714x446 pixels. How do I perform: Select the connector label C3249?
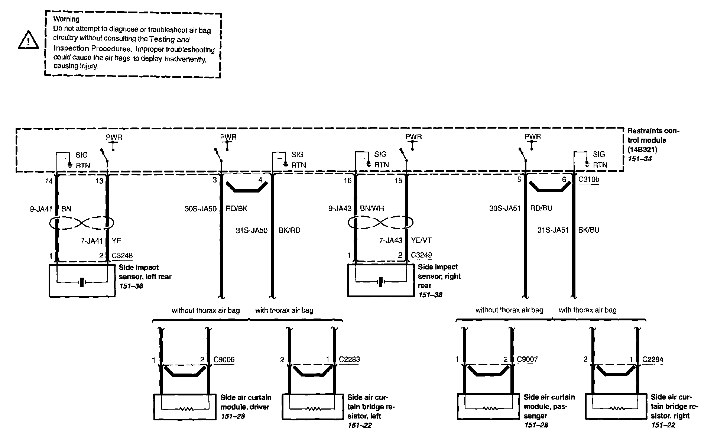tap(421, 255)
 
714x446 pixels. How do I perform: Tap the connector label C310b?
tap(589, 180)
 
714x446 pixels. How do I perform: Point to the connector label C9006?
tap(224, 359)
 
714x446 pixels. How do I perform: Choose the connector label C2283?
tap(349, 359)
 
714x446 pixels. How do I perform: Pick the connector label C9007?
tap(527, 359)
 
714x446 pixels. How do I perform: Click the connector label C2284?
tap(653, 359)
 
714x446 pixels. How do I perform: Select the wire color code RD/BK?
tap(236, 209)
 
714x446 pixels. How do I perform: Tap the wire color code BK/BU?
tap(589, 230)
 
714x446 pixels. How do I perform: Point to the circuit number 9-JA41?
tap(41, 209)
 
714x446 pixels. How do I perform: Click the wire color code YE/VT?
tap(421, 240)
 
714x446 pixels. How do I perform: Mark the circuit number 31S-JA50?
tap(251, 230)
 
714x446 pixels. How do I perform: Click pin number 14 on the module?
tap(49, 181)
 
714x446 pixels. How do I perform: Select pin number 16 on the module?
tap(347, 181)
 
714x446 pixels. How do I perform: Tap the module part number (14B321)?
tap(642, 150)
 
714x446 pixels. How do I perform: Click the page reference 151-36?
tap(131, 286)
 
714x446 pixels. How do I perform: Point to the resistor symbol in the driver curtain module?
tap(186, 409)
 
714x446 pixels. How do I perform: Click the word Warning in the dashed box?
tap(66, 19)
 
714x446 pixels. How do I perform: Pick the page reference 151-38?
tap(430, 295)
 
